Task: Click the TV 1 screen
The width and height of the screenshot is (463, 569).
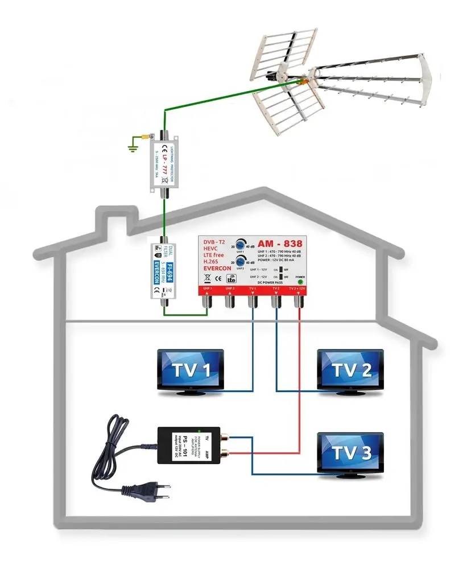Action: pyautogui.click(x=191, y=370)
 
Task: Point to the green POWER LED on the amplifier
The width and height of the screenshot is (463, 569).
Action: pyautogui.click(x=300, y=281)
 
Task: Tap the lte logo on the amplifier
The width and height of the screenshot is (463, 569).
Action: pyautogui.click(x=231, y=279)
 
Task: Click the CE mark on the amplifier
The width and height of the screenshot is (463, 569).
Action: pyautogui.click(x=218, y=279)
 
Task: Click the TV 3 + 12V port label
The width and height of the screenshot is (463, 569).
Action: pyautogui.click(x=297, y=288)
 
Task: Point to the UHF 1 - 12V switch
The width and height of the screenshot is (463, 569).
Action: pyautogui.click(x=280, y=269)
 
